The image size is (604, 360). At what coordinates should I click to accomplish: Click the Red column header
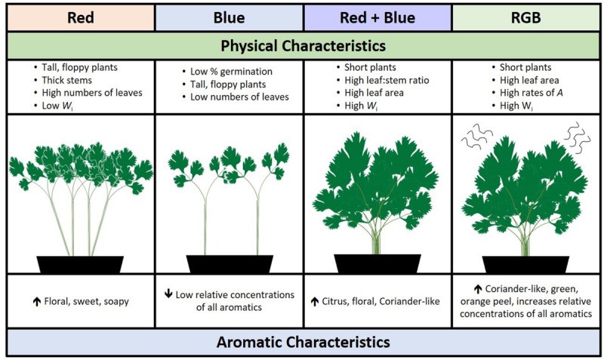[81, 17]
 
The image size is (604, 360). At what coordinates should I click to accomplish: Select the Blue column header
[229, 17]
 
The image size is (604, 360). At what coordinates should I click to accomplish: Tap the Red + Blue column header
[377, 17]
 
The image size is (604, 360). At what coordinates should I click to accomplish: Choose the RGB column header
[525, 17]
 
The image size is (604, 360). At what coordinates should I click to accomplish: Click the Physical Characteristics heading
[304, 46]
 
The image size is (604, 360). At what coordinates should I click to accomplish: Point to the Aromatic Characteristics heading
[304, 342]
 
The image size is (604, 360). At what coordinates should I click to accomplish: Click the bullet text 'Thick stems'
[66, 80]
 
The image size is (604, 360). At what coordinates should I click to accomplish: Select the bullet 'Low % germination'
[231, 72]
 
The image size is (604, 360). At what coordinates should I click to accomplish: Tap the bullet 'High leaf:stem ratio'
[387, 80]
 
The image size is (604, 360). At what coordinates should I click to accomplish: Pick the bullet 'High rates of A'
[532, 93]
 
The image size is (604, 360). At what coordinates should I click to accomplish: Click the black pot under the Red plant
[80, 264]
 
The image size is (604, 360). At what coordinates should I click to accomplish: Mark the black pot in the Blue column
[230, 264]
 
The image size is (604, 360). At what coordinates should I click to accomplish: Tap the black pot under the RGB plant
[525, 265]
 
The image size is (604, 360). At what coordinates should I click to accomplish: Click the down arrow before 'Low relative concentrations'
[168, 294]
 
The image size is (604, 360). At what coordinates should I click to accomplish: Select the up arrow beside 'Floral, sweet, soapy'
[36, 301]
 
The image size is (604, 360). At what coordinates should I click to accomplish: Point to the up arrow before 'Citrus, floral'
[315, 301]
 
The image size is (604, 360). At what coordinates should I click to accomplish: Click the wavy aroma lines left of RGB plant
[477, 137]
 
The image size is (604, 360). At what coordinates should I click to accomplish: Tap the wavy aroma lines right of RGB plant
[577, 137]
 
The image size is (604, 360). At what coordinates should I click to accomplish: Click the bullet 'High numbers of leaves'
[92, 93]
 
